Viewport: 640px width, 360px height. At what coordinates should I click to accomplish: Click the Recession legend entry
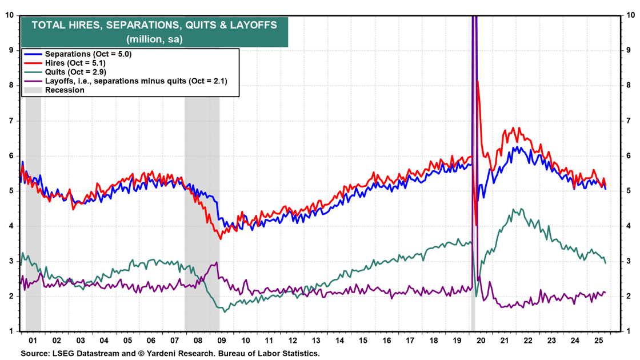point(65,90)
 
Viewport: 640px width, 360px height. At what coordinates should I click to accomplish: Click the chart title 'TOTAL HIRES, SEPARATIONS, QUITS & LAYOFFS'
point(154,25)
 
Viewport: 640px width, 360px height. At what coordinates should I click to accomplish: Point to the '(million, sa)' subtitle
point(154,38)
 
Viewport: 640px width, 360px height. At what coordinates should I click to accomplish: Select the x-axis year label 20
point(481,339)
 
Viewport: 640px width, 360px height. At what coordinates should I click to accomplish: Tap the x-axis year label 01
point(33,339)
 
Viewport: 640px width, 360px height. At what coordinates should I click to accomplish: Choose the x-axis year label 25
point(598,339)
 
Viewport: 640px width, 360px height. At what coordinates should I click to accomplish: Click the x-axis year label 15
point(363,339)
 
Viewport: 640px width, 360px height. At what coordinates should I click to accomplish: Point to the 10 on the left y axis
point(9,15)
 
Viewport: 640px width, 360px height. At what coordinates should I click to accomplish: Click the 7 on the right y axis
point(630,121)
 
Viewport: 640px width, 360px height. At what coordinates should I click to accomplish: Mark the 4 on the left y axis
point(11,226)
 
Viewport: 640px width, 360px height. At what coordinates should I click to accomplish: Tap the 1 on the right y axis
point(630,331)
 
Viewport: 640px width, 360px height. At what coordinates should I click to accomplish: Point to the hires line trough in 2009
point(221,239)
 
